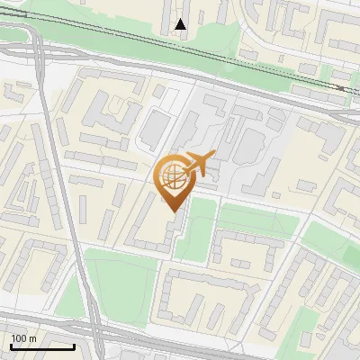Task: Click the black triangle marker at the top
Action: (x=181, y=24)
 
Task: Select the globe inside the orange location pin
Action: (x=171, y=175)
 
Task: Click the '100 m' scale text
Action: (x=23, y=338)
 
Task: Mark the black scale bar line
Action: (x=41, y=346)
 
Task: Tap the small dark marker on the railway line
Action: (x=339, y=88)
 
